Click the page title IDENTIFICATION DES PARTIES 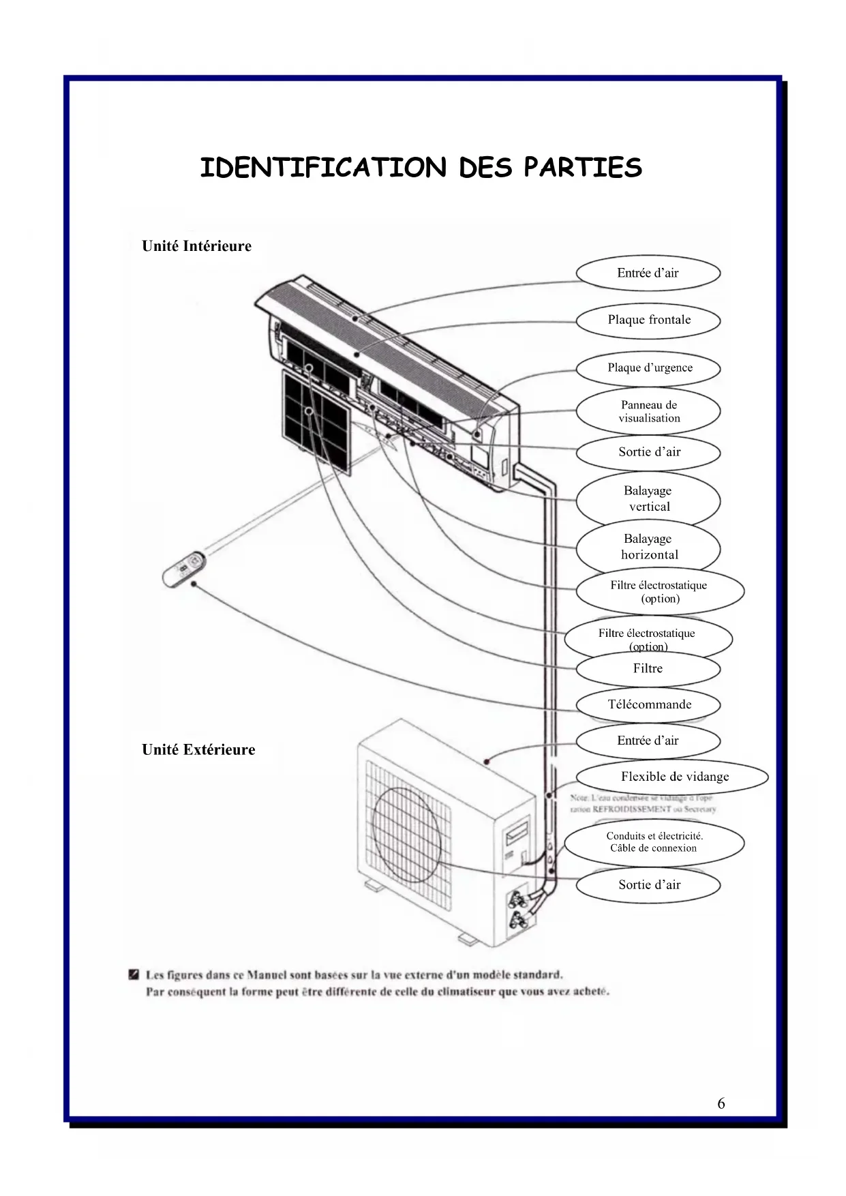tap(421, 168)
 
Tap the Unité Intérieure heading tap(196, 246)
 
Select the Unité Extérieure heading tap(198, 749)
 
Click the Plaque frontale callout tap(648, 320)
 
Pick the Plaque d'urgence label tap(649, 368)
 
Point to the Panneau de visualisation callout tap(648, 411)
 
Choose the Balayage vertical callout tap(648, 498)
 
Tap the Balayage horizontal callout tap(648, 547)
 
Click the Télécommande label tap(648, 704)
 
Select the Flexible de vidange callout tap(674, 777)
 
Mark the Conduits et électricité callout tap(654, 842)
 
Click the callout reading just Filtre tap(648, 669)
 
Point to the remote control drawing tap(183, 569)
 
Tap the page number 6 tap(721, 1103)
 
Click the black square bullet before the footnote tap(134, 974)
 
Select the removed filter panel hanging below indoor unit tap(317, 421)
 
